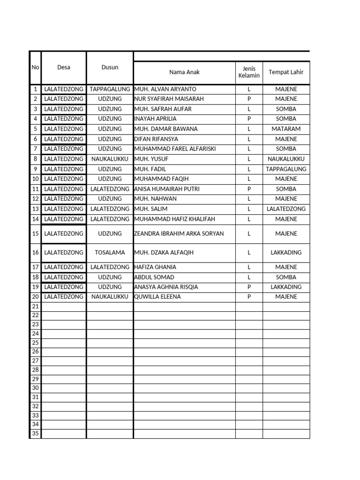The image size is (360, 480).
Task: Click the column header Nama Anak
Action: click(184, 72)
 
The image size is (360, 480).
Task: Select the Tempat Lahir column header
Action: click(286, 72)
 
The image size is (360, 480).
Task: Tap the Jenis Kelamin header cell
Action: click(249, 72)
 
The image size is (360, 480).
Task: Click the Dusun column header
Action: click(110, 67)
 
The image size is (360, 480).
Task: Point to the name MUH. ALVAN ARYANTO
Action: click(165, 89)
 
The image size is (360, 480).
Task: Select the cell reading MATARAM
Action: click(286, 129)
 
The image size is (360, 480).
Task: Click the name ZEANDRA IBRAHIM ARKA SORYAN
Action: click(179, 233)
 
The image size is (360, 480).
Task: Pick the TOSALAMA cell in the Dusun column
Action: click(110, 253)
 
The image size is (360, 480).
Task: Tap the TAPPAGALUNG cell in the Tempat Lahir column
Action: click(286, 169)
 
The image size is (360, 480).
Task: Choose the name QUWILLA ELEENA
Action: click(157, 297)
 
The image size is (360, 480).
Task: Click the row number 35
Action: click(35, 434)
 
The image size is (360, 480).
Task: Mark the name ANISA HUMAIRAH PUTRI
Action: click(167, 189)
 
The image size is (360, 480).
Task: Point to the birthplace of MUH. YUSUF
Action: click(286, 159)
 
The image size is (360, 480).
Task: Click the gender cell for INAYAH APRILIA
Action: click(249, 119)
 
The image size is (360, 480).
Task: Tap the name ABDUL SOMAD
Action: click(155, 277)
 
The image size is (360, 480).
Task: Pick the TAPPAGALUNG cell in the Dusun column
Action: click(110, 89)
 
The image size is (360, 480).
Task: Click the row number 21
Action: click(35, 307)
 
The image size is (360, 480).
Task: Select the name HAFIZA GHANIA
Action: click(155, 267)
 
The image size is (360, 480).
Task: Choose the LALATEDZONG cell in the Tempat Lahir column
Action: click(286, 209)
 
